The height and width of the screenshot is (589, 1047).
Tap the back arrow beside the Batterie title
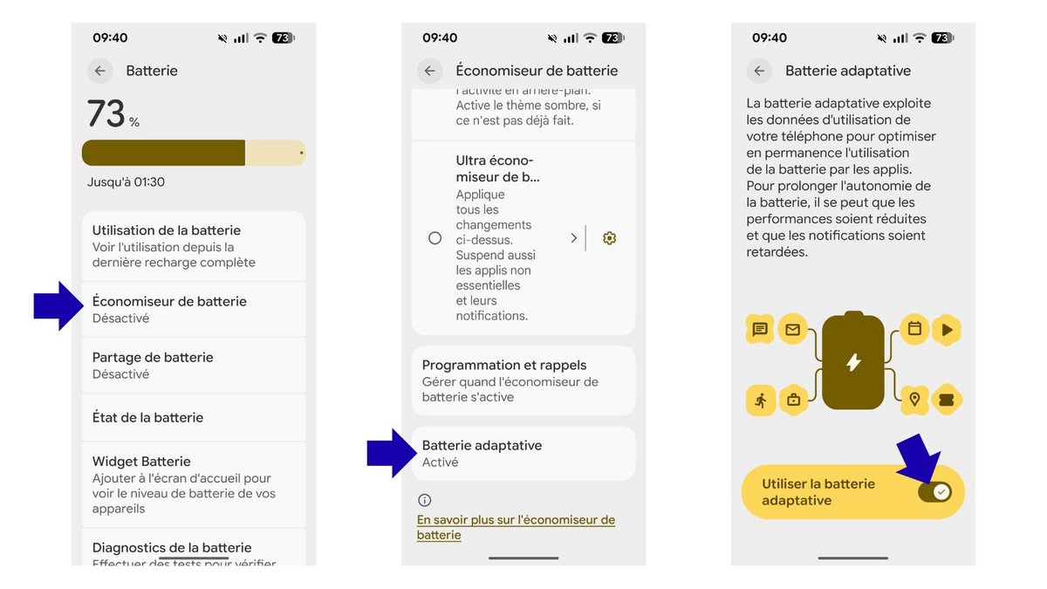(99, 71)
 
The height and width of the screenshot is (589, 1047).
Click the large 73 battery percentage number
(106, 114)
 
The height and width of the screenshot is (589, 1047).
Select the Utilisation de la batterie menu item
(193, 245)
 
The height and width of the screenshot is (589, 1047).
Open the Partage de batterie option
(193, 365)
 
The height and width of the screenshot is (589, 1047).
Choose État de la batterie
(193, 417)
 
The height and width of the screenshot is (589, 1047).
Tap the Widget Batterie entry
(193, 483)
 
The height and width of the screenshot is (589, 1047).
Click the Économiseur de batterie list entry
(193, 309)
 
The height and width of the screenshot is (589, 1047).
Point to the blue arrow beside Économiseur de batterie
(58, 305)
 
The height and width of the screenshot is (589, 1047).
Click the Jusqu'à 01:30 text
(126, 182)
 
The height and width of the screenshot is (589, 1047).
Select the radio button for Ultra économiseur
(435, 237)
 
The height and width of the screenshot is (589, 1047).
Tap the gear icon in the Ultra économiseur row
(609, 237)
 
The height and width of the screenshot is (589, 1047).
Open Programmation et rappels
(523, 380)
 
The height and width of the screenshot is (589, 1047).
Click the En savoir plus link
(516, 527)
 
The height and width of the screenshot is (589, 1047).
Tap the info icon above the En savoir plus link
(425, 500)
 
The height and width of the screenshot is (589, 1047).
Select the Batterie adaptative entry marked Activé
(523, 453)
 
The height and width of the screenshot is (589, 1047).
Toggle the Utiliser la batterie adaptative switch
(934, 492)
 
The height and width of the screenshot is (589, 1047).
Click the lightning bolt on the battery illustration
(853, 362)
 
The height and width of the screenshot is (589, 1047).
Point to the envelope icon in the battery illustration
(792, 330)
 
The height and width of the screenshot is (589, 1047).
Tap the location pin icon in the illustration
(914, 400)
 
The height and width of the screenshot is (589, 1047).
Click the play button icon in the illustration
(947, 330)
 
